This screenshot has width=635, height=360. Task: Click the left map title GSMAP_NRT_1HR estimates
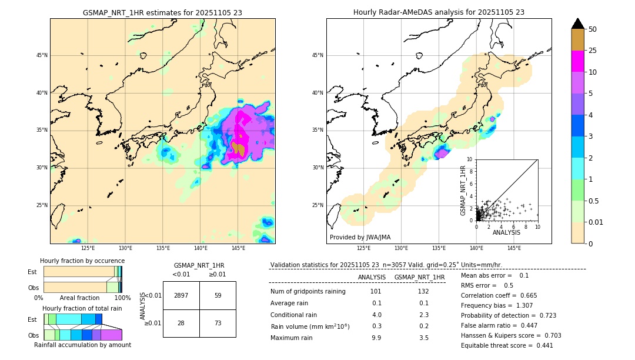162,12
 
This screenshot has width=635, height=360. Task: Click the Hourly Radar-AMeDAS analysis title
439,12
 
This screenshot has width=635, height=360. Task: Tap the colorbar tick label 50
593,29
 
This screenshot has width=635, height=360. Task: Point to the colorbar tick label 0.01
596,222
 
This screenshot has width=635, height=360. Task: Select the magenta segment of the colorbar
577,61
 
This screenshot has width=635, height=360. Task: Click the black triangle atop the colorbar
577,24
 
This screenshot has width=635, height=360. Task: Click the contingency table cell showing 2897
181,295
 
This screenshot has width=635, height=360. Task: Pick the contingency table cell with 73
218,324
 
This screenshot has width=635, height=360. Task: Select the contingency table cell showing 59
218,295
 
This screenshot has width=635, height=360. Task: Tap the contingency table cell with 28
181,324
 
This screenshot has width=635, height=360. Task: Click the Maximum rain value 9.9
376,338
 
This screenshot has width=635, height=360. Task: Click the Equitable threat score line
507,345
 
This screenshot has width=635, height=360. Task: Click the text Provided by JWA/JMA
360,237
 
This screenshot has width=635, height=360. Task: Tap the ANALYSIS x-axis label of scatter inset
506,232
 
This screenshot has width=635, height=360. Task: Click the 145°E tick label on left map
238,249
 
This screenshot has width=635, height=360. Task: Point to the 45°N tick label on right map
317,55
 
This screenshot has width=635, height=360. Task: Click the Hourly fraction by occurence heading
82,261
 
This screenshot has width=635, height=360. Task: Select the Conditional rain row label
295,315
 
